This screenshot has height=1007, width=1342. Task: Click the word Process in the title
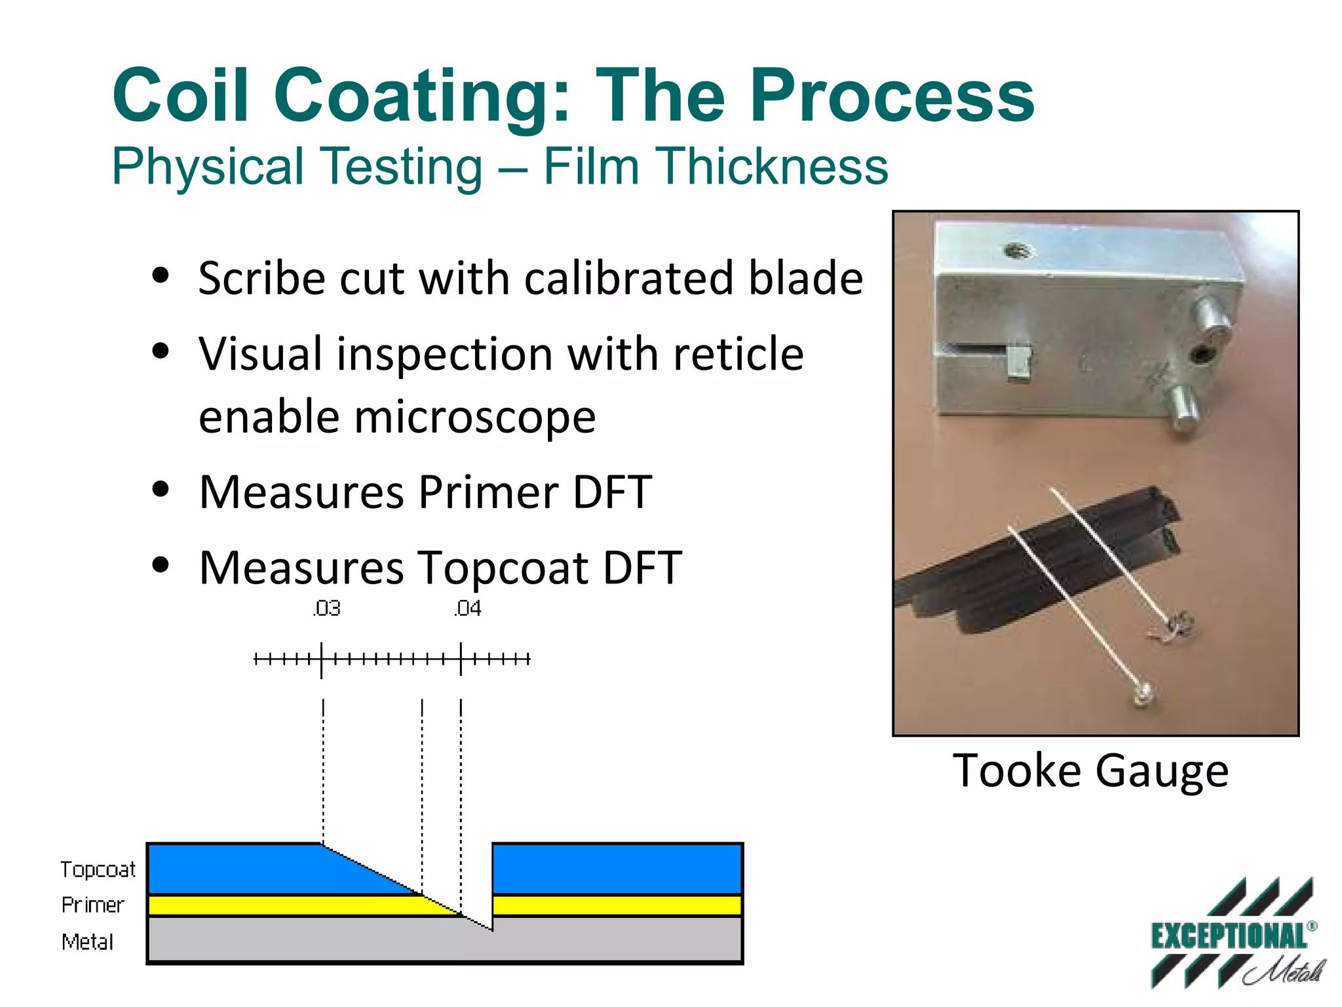coord(892,96)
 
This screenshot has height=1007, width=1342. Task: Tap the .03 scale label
coord(326,608)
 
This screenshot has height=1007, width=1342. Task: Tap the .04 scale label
coord(467,608)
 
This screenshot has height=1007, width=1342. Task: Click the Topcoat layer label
coord(98,869)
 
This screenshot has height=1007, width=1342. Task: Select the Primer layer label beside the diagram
coord(92,905)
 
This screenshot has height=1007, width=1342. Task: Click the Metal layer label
coord(87,942)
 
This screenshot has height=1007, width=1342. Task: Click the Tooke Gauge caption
coord(1090,770)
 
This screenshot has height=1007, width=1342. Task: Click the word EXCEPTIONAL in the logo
coord(1229,936)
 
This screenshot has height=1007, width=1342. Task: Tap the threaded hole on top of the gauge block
coord(1016,250)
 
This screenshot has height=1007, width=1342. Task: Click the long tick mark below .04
coord(461,659)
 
